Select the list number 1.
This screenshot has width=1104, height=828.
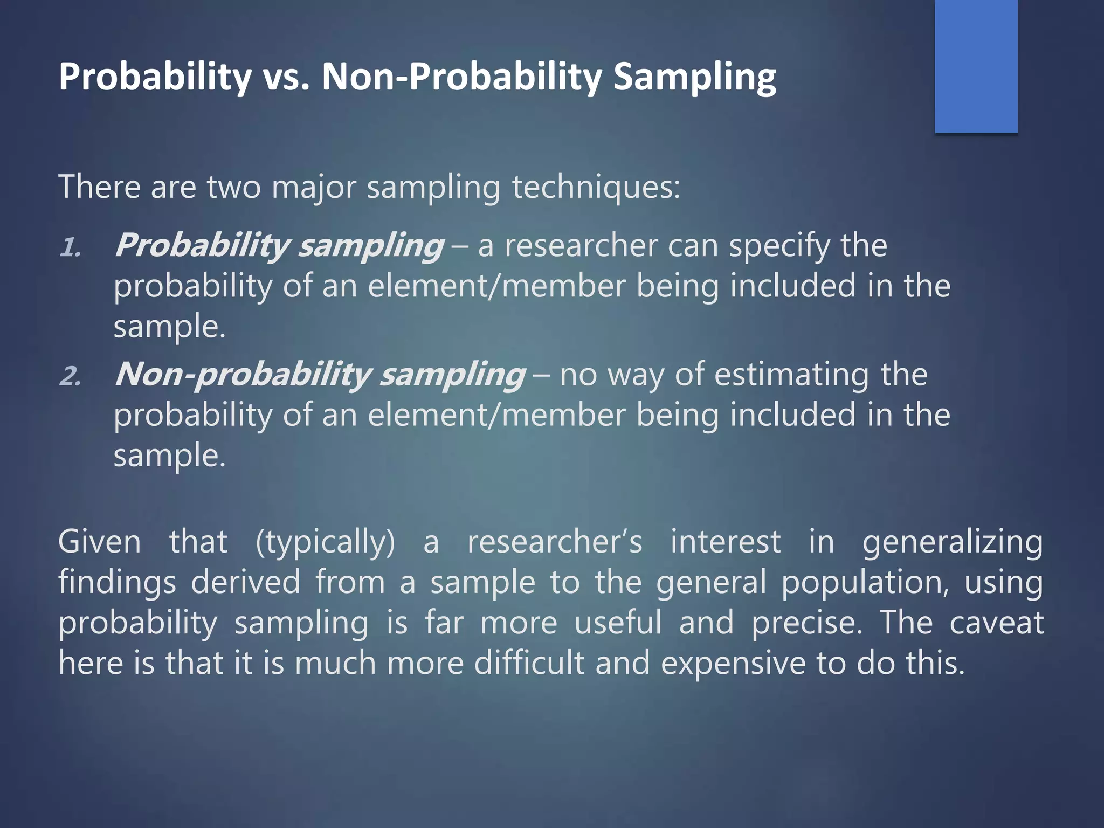(71, 248)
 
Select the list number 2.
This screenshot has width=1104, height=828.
(71, 376)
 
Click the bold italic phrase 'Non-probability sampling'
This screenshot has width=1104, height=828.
(320, 375)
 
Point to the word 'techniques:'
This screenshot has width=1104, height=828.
(596, 188)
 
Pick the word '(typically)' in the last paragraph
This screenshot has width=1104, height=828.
(325, 542)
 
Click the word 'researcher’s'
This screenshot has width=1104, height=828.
(555, 542)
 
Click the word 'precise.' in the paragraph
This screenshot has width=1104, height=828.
(806, 623)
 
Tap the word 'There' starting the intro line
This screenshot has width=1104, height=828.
(100, 188)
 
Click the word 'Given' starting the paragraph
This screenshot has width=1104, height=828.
(99, 542)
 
